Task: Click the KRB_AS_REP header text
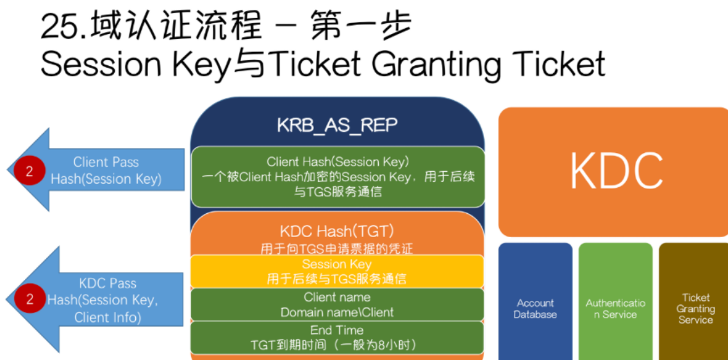click(x=337, y=126)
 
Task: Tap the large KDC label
click(x=616, y=171)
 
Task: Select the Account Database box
click(x=535, y=301)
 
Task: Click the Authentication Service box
click(x=615, y=301)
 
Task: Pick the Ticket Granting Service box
click(x=693, y=301)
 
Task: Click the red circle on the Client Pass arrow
click(x=29, y=171)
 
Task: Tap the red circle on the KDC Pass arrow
click(x=29, y=299)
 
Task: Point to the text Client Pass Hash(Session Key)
click(x=106, y=171)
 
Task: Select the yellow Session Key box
click(x=337, y=271)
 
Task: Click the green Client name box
click(x=337, y=304)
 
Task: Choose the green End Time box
click(x=337, y=338)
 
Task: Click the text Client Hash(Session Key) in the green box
click(x=337, y=162)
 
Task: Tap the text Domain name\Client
click(x=337, y=312)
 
